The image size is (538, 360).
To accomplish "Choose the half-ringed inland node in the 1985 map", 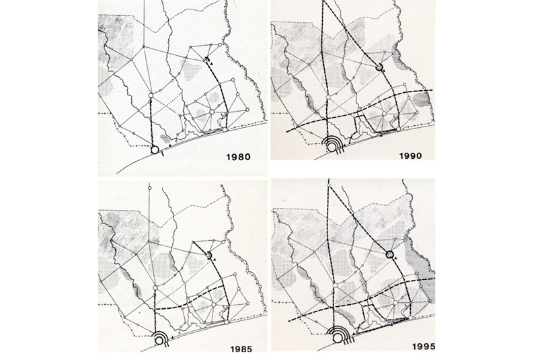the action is click(x=210, y=256).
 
